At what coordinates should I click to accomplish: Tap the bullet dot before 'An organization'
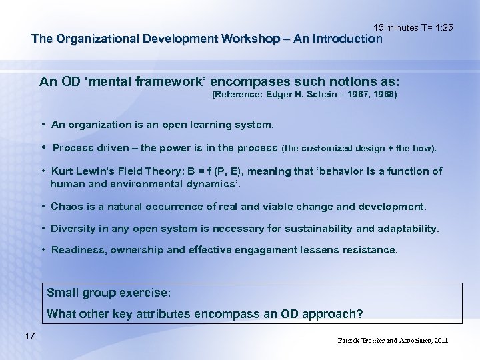tap(43, 125)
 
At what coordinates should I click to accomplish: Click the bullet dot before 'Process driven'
tap(43, 147)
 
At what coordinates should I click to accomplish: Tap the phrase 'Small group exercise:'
tap(109, 293)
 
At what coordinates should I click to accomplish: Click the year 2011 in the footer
tap(440, 340)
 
